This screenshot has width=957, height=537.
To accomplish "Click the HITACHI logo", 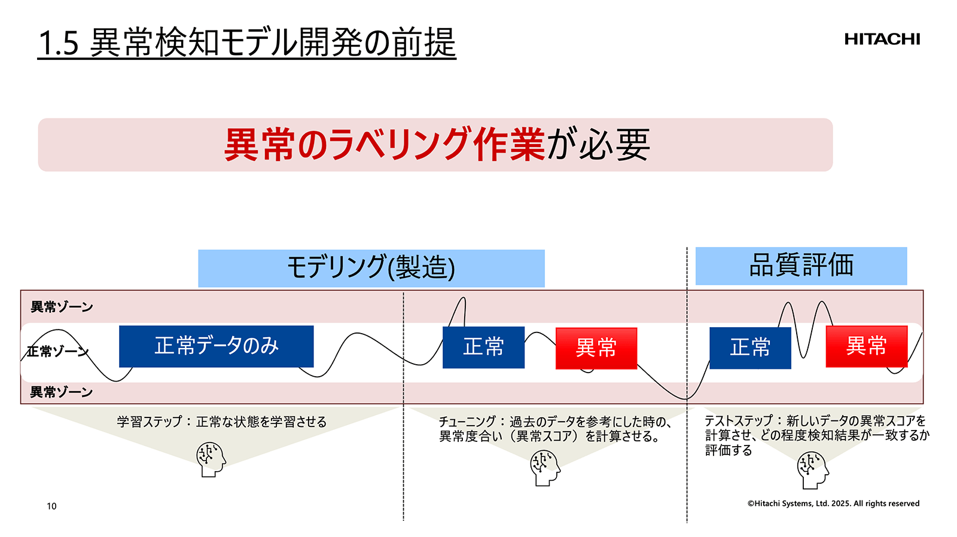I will pyautogui.click(x=882, y=39).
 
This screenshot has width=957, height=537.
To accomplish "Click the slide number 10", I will pyautogui.click(x=51, y=506).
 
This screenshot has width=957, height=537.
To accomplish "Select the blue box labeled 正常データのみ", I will pyautogui.click(x=216, y=346).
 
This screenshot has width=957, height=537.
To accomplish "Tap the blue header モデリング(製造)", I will pyautogui.click(x=371, y=268).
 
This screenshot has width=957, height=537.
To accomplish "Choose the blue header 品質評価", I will pyautogui.click(x=801, y=266).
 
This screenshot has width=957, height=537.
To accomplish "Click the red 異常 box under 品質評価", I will pyautogui.click(x=866, y=346).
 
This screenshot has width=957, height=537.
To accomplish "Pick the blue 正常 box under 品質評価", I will pyautogui.click(x=750, y=347).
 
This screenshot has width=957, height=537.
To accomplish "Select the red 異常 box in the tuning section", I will pyautogui.click(x=596, y=348).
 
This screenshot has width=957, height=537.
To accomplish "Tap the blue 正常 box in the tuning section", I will pyautogui.click(x=483, y=347).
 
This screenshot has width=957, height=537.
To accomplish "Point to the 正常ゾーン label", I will pyautogui.click(x=57, y=351).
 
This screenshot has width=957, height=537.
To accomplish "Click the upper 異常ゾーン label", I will pyautogui.click(x=62, y=307).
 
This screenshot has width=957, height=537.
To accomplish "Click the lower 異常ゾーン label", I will pyautogui.click(x=62, y=392).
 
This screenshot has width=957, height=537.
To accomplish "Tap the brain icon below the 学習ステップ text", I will pyautogui.click(x=211, y=459).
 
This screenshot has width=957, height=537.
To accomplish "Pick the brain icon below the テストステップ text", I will pyautogui.click(x=812, y=470).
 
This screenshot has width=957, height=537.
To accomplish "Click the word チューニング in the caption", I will pyautogui.click(x=467, y=422).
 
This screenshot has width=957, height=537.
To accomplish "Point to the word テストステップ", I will pyautogui.click(x=739, y=420).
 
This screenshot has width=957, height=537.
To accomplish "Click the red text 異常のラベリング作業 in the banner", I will pyautogui.click(x=384, y=145).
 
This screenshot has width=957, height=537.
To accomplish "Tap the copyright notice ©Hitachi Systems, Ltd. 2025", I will pyautogui.click(x=833, y=504).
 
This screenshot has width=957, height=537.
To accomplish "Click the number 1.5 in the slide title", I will pyautogui.click(x=58, y=44).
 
